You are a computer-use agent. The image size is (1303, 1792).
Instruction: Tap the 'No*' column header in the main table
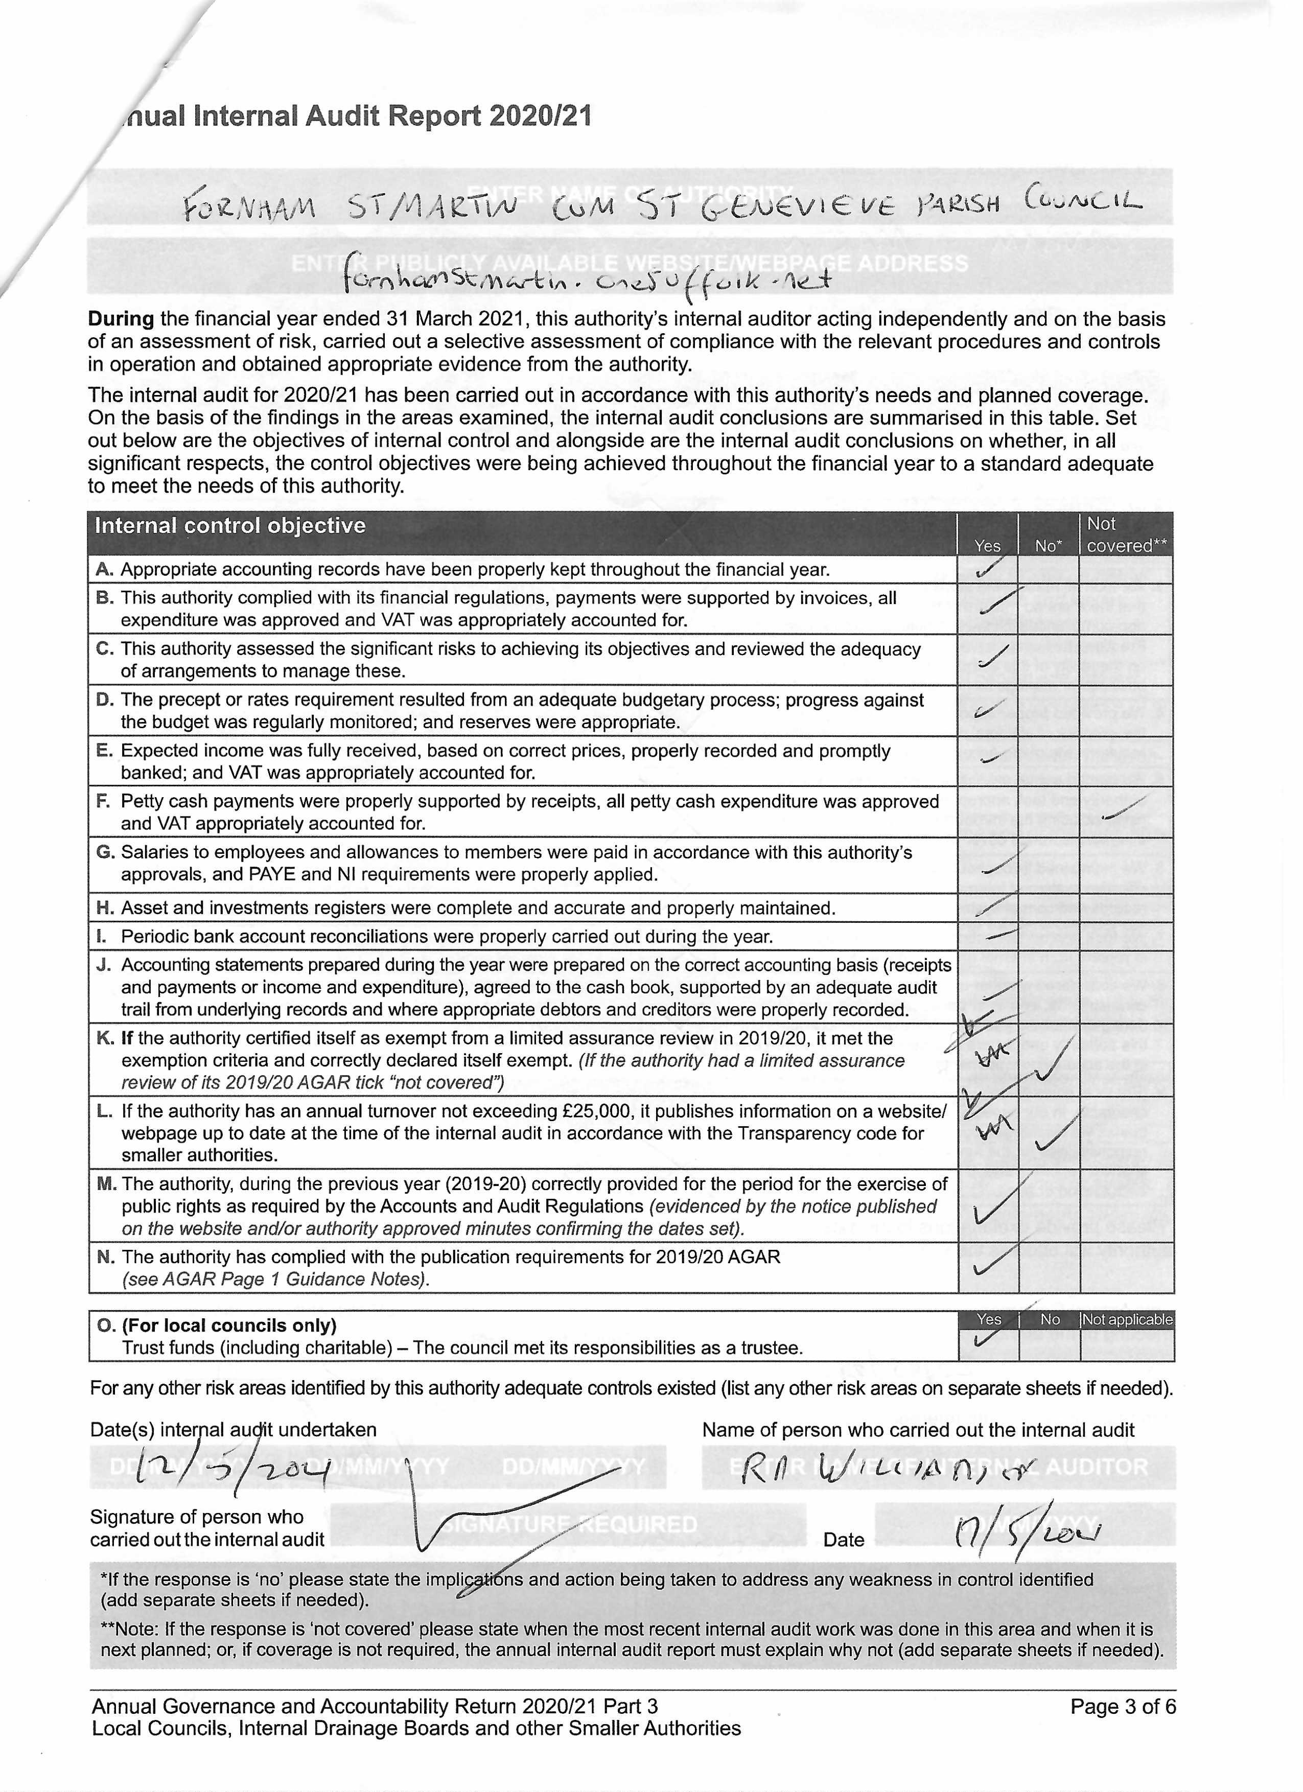pos(1049,546)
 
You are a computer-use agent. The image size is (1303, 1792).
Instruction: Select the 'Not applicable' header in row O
pos(1127,1319)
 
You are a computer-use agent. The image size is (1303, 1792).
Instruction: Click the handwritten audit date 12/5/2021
pos(231,1470)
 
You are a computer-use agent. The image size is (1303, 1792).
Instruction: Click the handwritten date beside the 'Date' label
pos(1027,1534)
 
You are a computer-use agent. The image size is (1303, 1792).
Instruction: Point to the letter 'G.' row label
pos(105,852)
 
